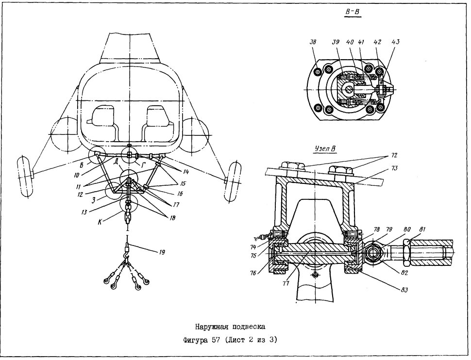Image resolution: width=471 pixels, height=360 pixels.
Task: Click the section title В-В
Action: pos(353,12)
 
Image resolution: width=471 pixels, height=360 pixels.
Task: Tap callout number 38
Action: pos(313,43)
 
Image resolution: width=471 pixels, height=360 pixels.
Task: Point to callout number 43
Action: pos(395,42)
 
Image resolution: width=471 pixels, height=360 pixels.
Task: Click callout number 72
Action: pos(394,155)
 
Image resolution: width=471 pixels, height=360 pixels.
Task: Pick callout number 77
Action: pos(286,283)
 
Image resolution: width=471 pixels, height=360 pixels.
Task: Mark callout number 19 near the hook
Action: pos(161,252)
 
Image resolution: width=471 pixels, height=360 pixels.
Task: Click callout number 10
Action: pos(76,174)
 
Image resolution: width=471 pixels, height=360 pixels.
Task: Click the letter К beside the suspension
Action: pos(100,223)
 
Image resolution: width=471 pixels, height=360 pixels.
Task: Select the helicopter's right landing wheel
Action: pos(233,181)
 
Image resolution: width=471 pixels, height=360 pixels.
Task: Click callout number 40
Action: pos(350,42)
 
